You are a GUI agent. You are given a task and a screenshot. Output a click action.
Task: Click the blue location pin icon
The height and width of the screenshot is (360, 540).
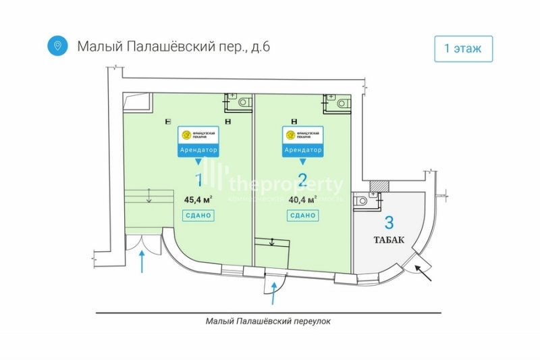[x=58, y=46]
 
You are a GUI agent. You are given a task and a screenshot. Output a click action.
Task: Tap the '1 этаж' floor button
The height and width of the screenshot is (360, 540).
[x=463, y=49]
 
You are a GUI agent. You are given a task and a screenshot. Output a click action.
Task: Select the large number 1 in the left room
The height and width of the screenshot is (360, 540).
[x=198, y=180]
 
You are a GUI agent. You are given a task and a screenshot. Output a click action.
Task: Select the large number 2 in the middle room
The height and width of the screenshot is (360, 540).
[x=302, y=180]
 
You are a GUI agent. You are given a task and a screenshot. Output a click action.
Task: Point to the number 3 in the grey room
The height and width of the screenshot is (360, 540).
[x=389, y=222]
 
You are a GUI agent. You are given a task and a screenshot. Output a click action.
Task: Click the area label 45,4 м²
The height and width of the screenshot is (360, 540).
[x=198, y=200]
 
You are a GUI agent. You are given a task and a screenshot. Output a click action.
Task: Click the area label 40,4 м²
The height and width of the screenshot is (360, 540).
[x=302, y=200]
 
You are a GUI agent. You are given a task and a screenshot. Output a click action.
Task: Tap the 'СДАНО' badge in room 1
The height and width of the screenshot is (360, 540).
[x=198, y=216]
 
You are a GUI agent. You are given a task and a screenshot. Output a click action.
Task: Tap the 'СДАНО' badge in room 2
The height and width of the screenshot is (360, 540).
[x=302, y=216]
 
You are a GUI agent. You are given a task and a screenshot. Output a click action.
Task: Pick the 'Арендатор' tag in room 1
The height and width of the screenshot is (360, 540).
[x=198, y=150]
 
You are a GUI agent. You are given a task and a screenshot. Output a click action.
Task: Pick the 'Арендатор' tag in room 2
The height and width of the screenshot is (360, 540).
[x=302, y=150]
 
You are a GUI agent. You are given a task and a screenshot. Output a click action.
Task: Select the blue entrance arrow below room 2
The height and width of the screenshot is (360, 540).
[x=273, y=294]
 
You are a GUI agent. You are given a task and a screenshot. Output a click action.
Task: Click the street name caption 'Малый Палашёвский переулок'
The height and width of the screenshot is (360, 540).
[x=269, y=322]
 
